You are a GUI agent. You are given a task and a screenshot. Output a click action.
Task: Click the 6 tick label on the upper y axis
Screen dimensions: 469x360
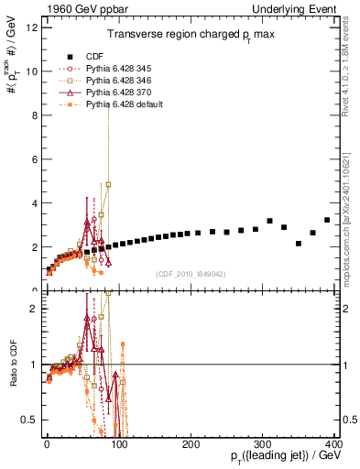pos(34,159)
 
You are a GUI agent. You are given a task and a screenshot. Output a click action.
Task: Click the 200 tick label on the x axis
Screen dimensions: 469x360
pos(191,443)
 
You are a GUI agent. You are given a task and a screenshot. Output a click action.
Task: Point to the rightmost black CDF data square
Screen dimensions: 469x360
pos(327,220)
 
